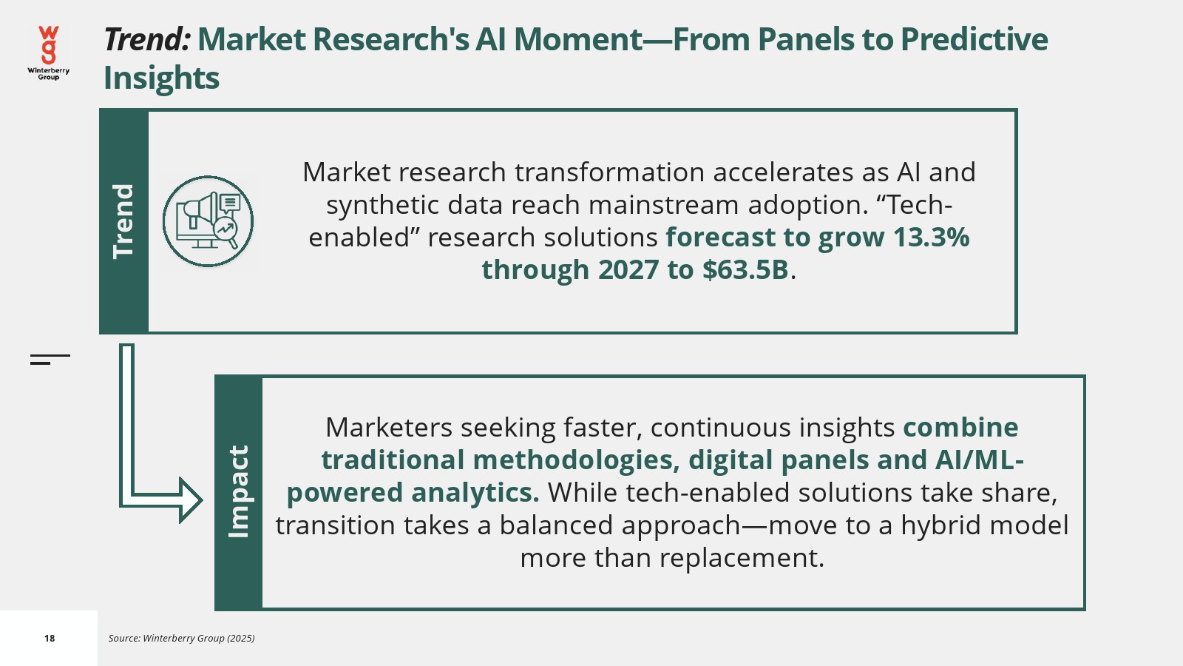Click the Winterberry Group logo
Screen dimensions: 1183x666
(49, 53)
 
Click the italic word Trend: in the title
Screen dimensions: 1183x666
(147, 39)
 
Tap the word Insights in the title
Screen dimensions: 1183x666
(161, 78)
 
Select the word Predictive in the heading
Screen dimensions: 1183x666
(974, 39)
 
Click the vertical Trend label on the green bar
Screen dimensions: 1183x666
(123, 221)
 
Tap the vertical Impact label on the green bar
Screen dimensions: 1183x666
(238, 492)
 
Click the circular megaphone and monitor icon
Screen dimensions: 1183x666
(208, 221)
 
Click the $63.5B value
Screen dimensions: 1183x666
(745, 269)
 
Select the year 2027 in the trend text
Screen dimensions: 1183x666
(628, 269)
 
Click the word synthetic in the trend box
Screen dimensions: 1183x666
(382, 205)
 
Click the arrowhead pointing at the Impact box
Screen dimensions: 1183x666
(191, 500)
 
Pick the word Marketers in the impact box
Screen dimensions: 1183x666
(389, 427)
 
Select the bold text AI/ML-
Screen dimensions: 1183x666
(980, 460)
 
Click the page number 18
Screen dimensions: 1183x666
(50, 639)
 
